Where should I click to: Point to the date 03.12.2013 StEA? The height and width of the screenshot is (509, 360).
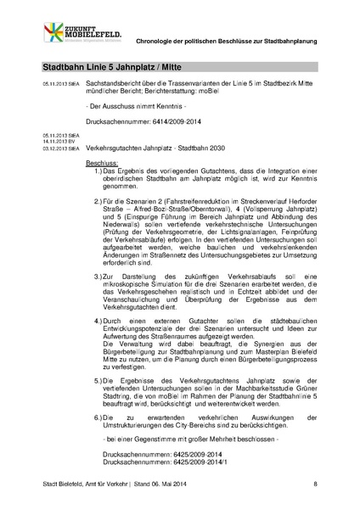pyautogui.click(x=60, y=148)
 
